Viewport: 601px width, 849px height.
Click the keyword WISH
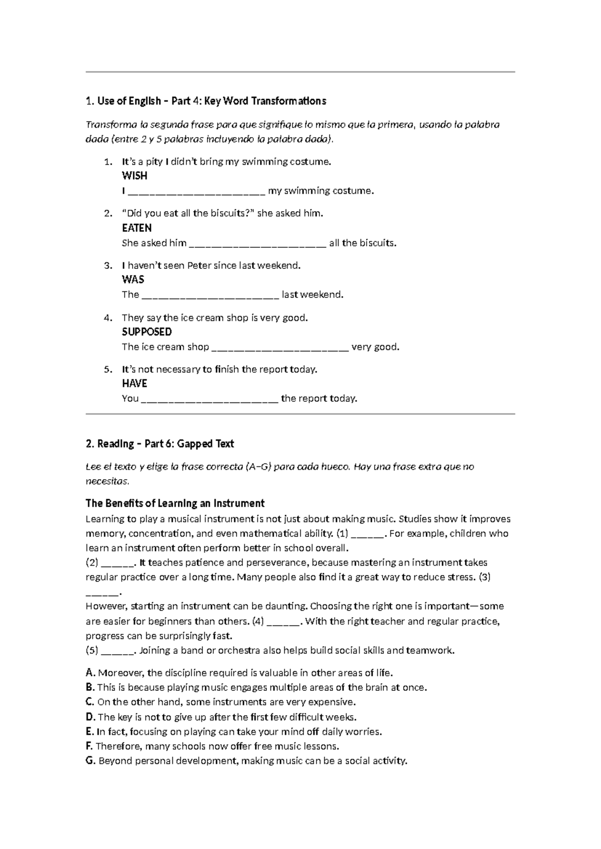click(x=134, y=176)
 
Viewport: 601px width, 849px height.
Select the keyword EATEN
click(x=137, y=228)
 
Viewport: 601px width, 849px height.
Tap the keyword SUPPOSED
click(x=147, y=332)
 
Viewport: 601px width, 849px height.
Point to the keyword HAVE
click(x=134, y=384)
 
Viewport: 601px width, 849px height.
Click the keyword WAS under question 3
click(x=133, y=280)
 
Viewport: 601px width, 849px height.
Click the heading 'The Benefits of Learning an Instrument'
click(x=175, y=504)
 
